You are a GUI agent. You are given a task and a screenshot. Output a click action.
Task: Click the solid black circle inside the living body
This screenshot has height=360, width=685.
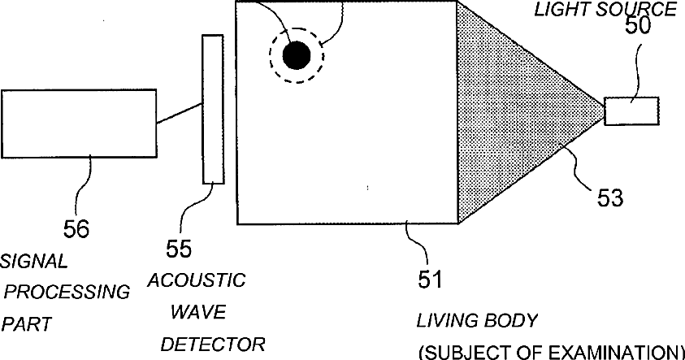tap(297, 55)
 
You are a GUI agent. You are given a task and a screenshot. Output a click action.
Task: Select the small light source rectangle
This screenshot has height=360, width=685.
tap(631, 111)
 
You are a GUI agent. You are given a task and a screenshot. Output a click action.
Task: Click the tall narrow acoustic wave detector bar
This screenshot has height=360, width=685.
tap(213, 109)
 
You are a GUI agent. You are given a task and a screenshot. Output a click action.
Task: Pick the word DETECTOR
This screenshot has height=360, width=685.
tap(213, 344)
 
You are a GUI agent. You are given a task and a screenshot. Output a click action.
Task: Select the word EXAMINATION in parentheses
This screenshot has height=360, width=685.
tap(616, 352)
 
